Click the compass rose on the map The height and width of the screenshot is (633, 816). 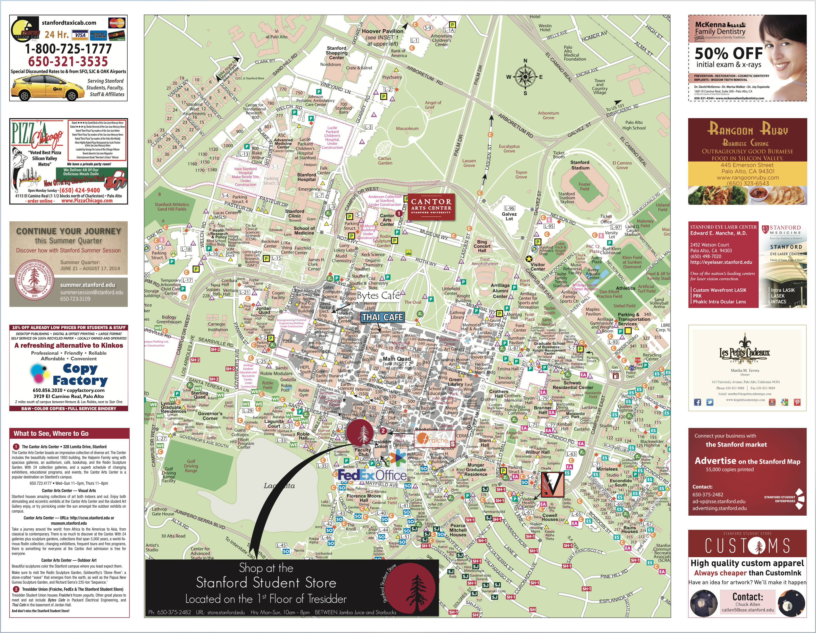pyautogui.click(x=525, y=76)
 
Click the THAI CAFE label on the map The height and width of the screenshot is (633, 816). pyautogui.click(x=382, y=317)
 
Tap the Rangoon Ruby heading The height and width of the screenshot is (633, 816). pyautogui.click(x=747, y=130)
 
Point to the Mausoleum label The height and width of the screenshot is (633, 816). pyautogui.click(x=407, y=128)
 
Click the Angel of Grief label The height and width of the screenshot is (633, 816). pyautogui.click(x=433, y=105)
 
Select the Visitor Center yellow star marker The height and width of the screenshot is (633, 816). pyautogui.click(x=529, y=259)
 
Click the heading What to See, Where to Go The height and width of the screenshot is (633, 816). pyautogui.click(x=51, y=433)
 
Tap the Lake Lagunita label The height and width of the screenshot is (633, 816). pyautogui.click(x=279, y=486)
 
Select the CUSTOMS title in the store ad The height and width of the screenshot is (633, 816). pyautogui.click(x=747, y=546)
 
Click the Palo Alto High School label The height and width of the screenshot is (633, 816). pyautogui.click(x=634, y=125)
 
